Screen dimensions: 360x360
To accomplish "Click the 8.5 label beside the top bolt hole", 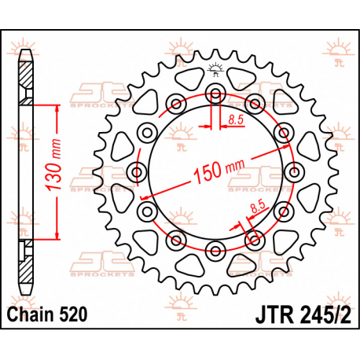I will pos(235,119).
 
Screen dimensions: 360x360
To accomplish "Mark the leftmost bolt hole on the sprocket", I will pos(138,171).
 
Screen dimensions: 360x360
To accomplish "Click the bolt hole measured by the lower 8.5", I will pos(254,238).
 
